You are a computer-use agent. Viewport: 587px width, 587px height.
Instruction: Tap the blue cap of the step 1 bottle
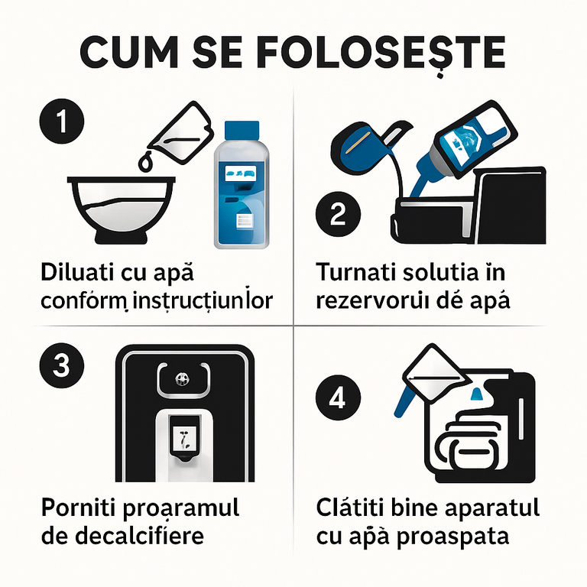coord(243,131)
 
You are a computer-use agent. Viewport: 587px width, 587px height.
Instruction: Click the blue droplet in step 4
coord(476,394)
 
